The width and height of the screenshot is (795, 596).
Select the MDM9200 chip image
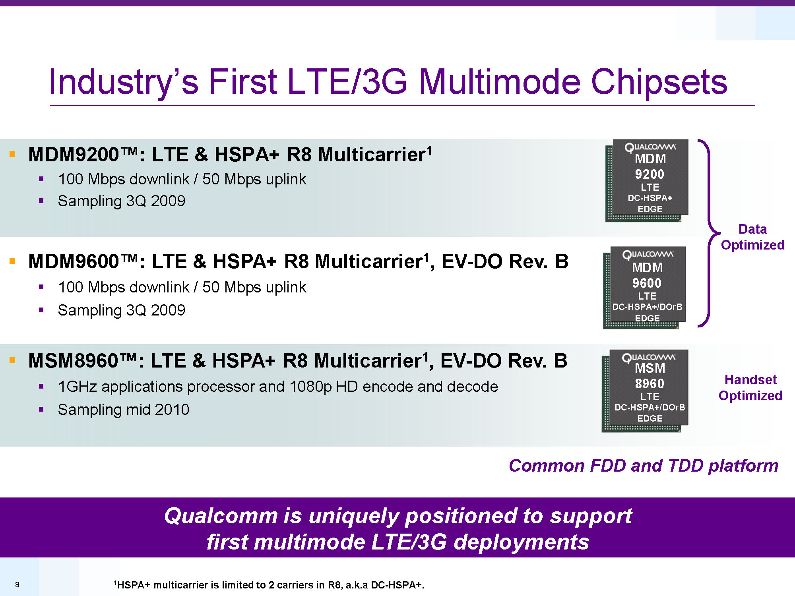coord(647,180)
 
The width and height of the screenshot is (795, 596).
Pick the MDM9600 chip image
coord(645,288)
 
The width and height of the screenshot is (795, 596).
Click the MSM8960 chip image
coord(645,391)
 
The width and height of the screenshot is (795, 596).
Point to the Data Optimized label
coord(752,237)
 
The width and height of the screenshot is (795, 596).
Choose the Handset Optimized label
coord(750,387)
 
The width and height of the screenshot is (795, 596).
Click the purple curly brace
coord(709,233)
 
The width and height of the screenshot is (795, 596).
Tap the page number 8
coord(17,584)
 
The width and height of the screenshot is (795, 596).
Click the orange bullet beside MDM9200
coord(12,154)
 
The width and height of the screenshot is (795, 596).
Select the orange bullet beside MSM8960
coord(12,360)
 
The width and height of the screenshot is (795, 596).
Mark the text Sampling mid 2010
coord(124,409)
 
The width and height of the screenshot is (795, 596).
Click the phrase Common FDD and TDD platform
coord(644,465)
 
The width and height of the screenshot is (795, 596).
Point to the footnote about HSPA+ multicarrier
coord(269,584)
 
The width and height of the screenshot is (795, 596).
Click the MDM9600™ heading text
coord(83,261)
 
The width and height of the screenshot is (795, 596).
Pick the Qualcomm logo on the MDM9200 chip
coord(650,147)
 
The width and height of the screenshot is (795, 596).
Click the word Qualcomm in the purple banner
coord(221,516)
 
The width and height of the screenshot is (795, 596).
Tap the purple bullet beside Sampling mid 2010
coord(41,409)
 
